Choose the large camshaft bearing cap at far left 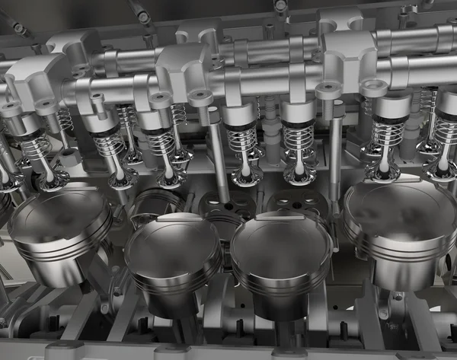click(x=34, y=84)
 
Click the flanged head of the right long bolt click(x=328, y=91)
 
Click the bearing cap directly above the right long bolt click(x=347, y=57)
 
